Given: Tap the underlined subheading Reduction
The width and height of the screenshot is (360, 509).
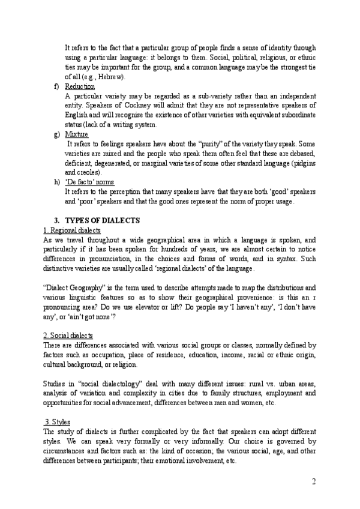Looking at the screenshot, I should pyautogui.click(x=79, y=86).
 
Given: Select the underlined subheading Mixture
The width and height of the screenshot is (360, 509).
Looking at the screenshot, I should pyautogui.click(x=76, y=134).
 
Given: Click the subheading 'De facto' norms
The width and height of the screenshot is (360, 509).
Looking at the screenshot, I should pyautogui.click(x=89, y=182).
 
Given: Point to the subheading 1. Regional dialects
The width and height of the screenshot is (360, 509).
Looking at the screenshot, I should pyautogui.click(x=73, y=230).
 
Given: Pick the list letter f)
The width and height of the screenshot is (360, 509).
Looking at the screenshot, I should pyautogui.click(x=56, y=86).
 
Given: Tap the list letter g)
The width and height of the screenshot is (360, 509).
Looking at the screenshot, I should pyautogui.click(x=56, y=134).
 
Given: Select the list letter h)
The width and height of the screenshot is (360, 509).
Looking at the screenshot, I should pyautogui.click(x=56, y=182).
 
